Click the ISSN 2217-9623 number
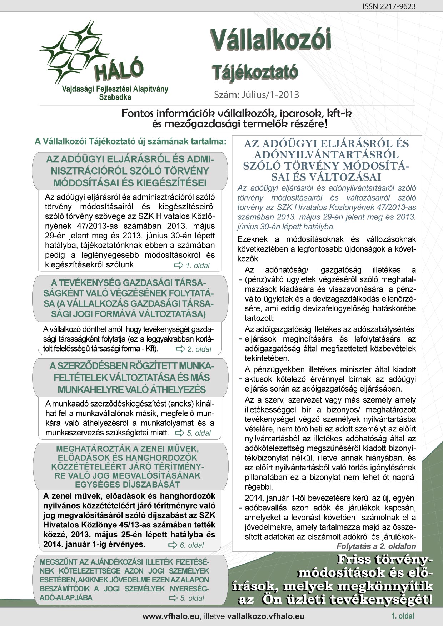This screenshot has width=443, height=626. [x=389, y=6]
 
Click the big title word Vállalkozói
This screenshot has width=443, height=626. [x=270, y=40]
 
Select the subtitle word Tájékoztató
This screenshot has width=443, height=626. [x=254, y=72]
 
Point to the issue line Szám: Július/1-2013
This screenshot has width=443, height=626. [x=256, y=95]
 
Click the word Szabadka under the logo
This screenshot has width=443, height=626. [x=115, y=97]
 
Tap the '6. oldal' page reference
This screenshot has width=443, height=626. [x=191, y=545]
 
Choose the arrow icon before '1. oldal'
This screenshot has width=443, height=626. [x=178, y=265]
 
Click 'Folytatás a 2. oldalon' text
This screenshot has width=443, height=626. [x=376, y=546]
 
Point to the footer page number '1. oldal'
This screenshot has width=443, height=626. [x=403, y=616]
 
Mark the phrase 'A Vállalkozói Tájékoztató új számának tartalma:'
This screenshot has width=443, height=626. [x=130, y=141]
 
